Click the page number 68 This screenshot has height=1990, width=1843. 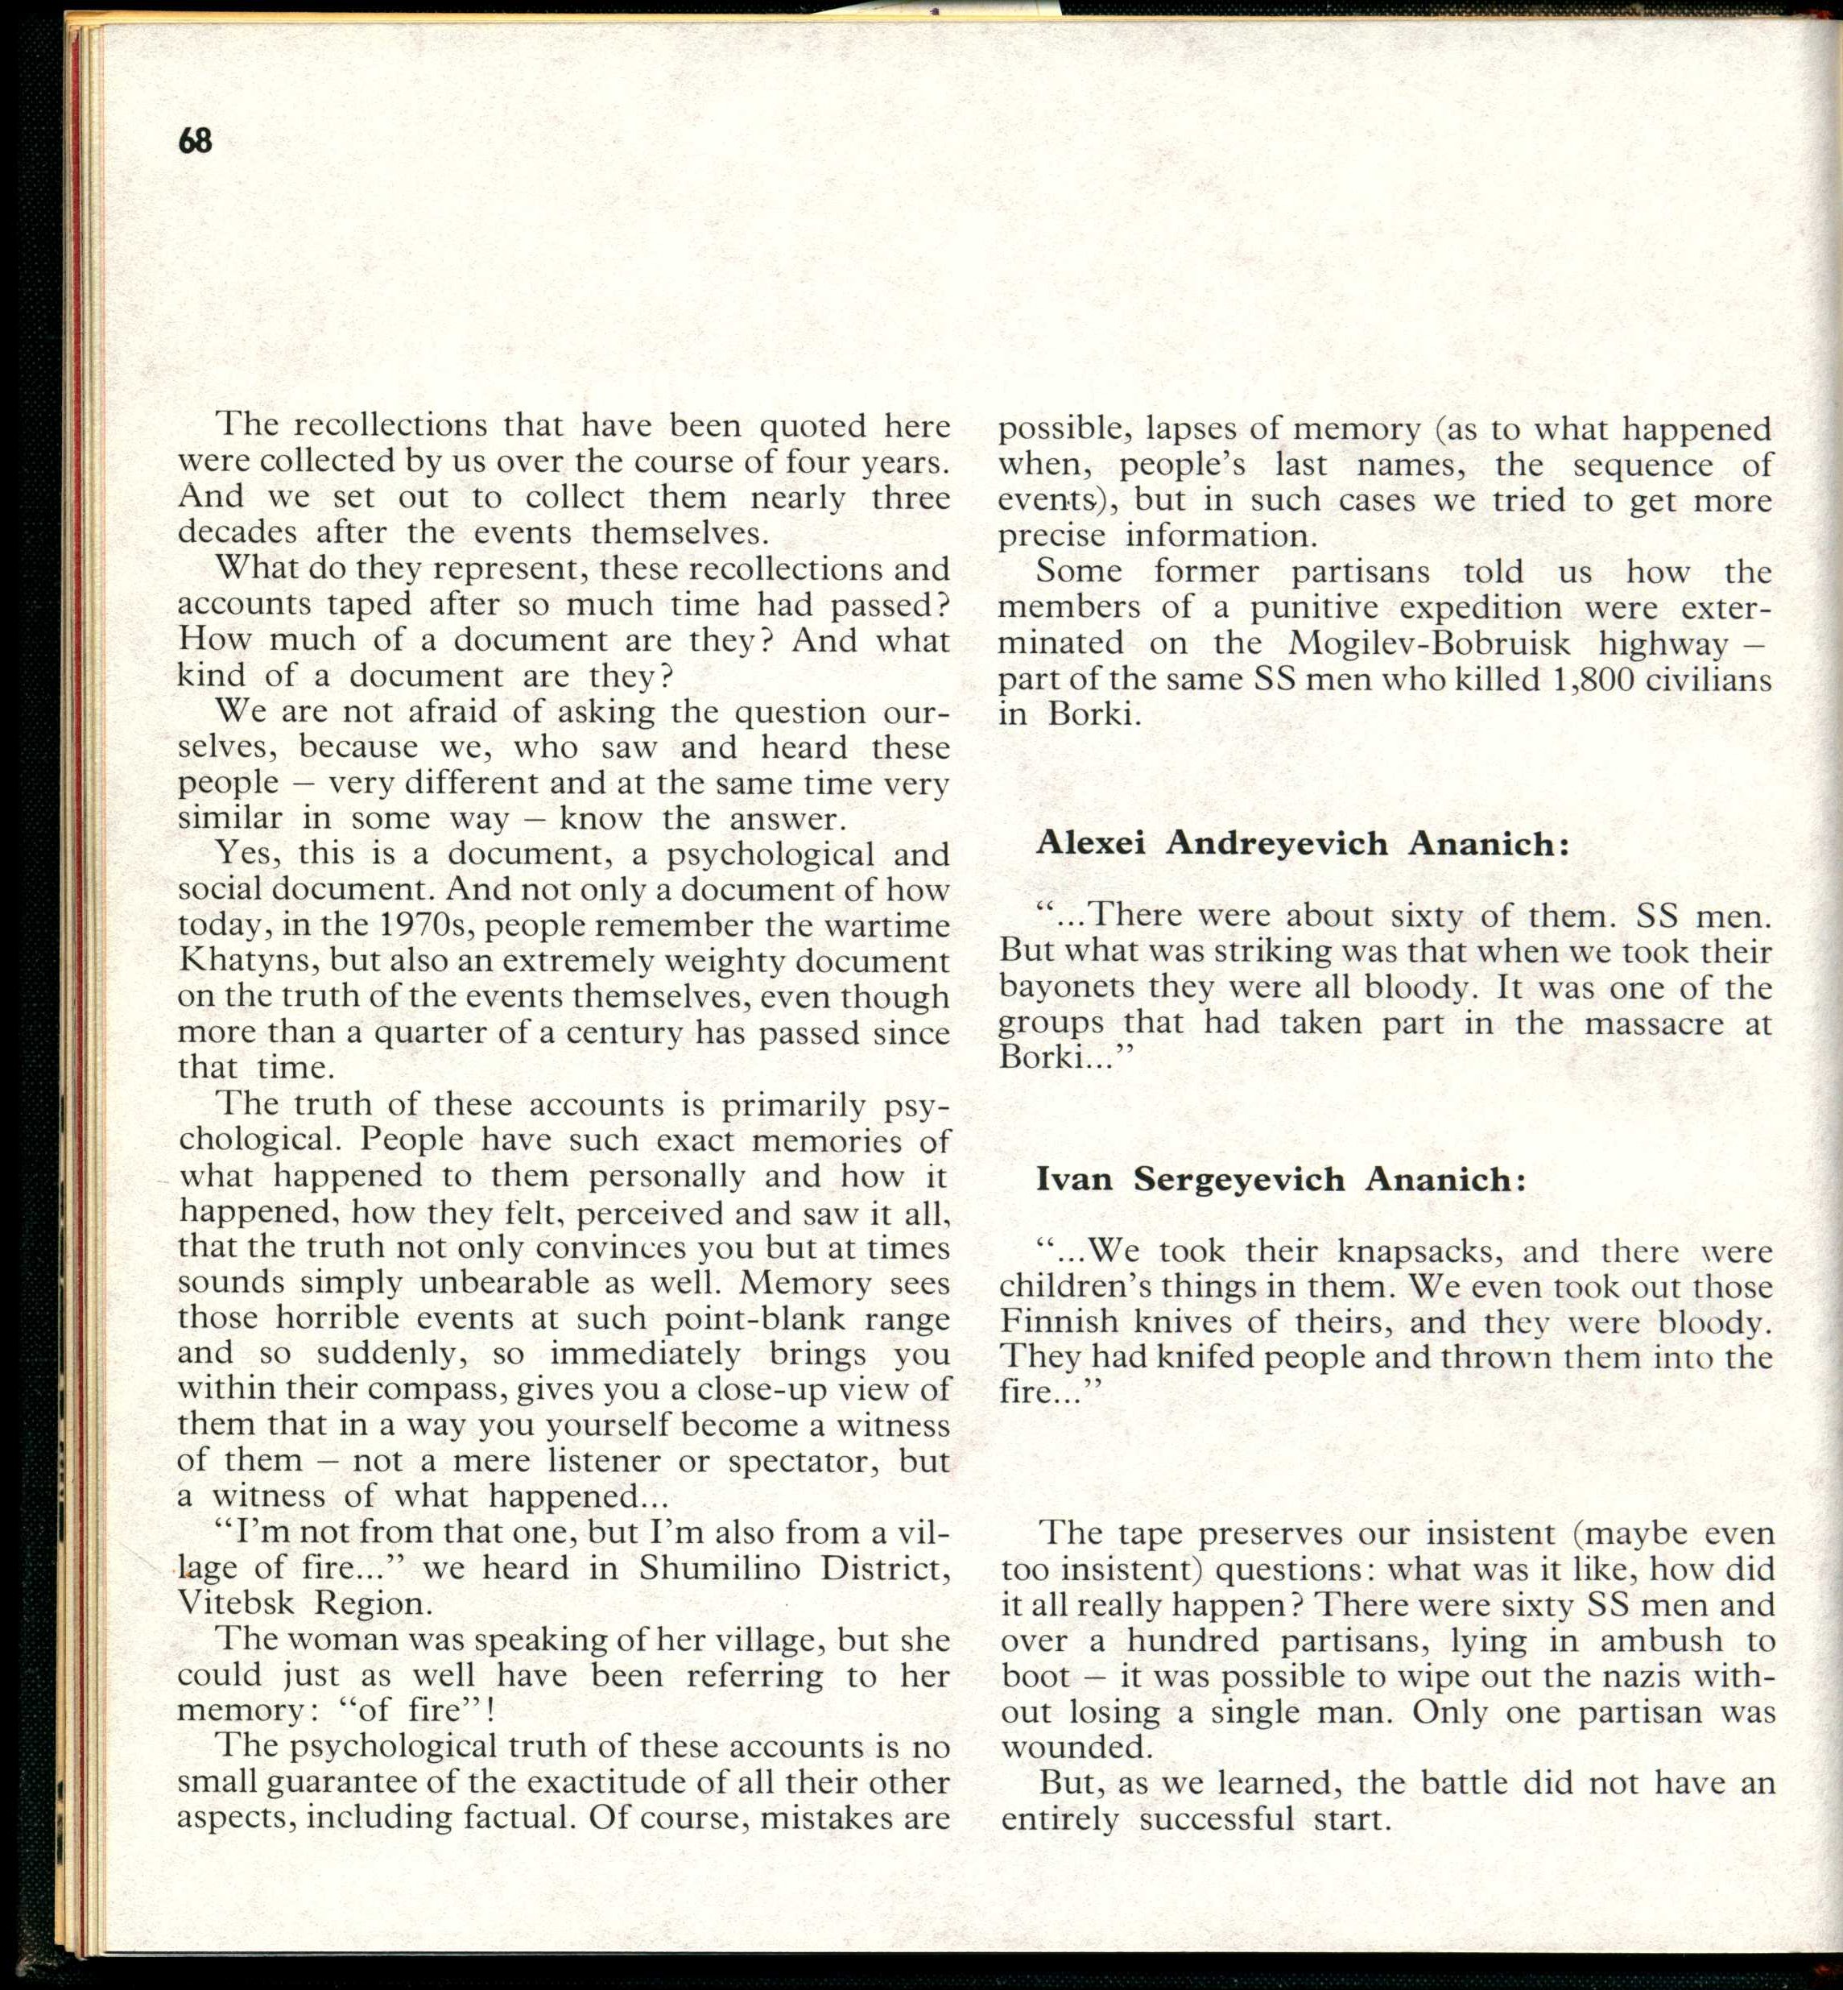196,141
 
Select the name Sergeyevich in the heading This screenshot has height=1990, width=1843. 1240,1180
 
